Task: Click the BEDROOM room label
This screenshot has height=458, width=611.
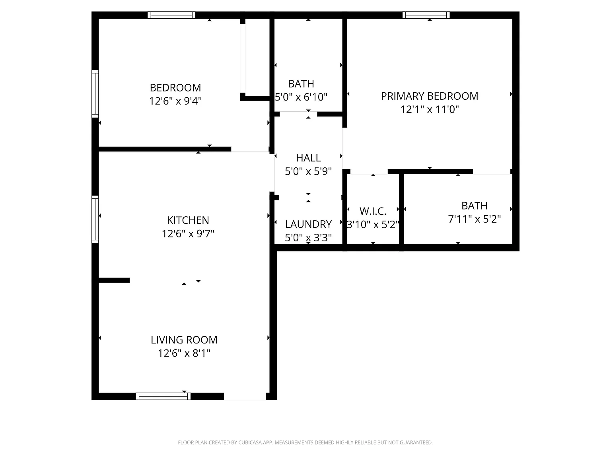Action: (x=175, y=87)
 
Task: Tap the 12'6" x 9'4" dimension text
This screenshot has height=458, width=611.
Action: (x=175, y=101)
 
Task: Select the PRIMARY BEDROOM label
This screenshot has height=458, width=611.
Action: (x=429, y=96)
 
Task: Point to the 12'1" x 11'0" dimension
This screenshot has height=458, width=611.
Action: (x=429, y=109)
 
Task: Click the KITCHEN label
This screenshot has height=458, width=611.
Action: (x=188, y=220)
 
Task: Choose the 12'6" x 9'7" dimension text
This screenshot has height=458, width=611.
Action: (x=188, y=234)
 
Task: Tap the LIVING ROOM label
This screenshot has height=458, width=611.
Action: (x=184, y=340)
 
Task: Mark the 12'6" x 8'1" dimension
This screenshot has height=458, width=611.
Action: (x=184, y=353)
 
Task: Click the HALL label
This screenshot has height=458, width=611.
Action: (x=308, y=158)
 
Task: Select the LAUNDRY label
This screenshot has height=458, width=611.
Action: (x=308, y=224)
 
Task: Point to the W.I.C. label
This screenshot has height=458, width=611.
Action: (x=373, y=211)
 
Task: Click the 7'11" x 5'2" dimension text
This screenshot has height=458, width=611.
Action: (x=474, y=219)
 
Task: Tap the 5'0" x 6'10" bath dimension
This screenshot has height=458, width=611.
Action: (x=301, y=97)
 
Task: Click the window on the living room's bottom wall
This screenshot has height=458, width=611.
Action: (x=163, y=396)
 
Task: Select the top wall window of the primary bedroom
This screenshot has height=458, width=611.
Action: (x=426, y=15)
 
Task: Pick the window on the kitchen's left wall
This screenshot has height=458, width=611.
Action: (x=95, y=219)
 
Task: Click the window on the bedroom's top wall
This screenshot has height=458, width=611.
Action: (x=171, y=15)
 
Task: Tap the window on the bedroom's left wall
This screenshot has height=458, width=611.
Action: (x=95, y=93)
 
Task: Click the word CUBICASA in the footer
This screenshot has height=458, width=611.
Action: (x=249, y=442)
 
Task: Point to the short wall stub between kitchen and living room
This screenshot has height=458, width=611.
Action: (x=114, y=280)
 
